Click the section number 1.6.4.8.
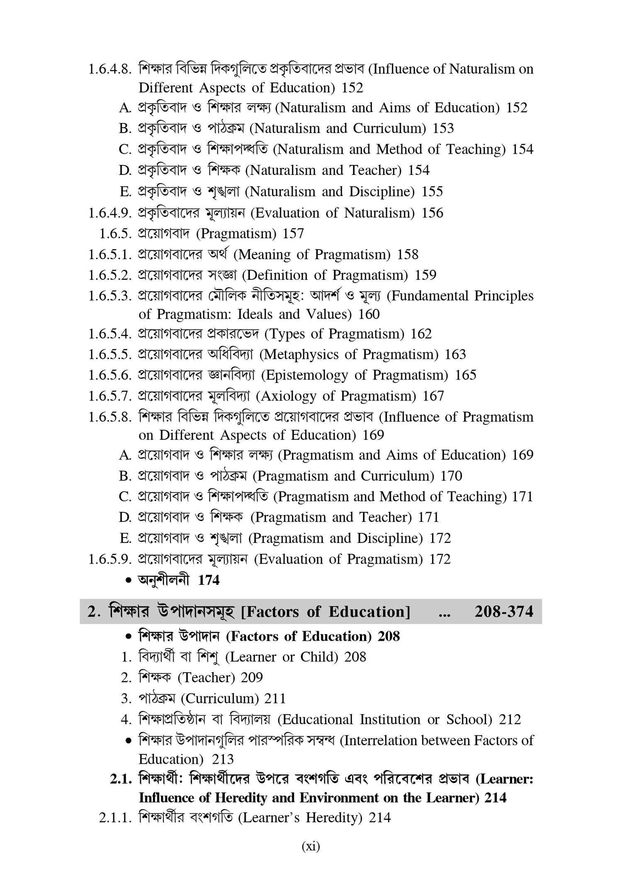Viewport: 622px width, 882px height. coord(110,69)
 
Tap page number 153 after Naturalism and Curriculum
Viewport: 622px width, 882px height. coord(443,128)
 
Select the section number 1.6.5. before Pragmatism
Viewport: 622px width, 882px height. coord(115,234)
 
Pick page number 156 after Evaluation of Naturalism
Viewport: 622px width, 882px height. coord(432,213)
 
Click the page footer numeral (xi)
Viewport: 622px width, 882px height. coord(311,846)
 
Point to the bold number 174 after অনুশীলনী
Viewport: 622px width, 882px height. coord(209,580)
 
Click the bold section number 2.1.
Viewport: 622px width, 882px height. coord(121,780)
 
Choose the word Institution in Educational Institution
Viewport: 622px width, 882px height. coord(390,720)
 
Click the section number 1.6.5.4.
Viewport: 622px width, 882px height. coord(110,334)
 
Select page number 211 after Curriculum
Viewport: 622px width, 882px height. coord(275,699)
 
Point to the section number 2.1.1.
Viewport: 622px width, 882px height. coord(115,818)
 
